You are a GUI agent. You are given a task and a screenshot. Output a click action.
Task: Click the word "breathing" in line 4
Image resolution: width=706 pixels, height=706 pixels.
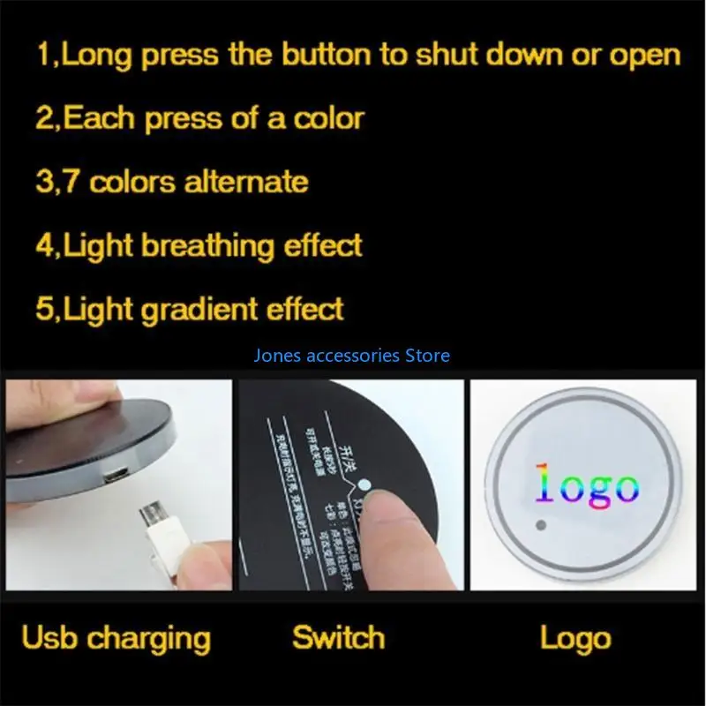coord(209,245)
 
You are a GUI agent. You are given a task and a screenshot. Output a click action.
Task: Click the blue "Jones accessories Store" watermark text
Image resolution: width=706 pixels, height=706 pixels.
coord(351,356)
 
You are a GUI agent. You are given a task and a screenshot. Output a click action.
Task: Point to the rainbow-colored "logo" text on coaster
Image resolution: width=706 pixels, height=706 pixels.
coord(586,485)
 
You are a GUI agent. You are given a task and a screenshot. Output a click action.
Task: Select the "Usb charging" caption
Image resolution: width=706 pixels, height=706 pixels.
coord(116,637)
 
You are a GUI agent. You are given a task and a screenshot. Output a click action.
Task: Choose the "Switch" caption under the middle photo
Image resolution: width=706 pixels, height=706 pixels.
coord(338,637)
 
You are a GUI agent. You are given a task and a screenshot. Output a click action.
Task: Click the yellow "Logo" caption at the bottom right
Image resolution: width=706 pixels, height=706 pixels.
coord(575,637)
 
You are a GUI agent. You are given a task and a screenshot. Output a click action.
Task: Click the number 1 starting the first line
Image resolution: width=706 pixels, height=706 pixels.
coord(42,55)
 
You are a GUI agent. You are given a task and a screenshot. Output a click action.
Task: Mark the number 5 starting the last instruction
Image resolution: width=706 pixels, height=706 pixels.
coord(44,309)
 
